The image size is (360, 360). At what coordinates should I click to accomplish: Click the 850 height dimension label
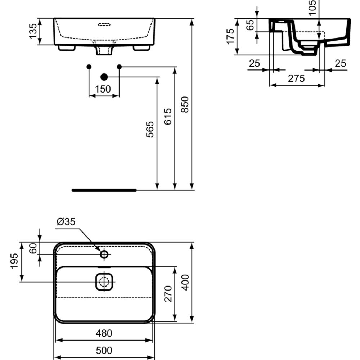[185, 104]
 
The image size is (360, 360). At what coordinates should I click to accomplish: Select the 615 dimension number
[168, 116]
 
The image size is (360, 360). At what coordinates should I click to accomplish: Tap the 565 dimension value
[150, 130]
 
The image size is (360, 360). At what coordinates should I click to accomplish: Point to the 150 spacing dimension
[103, 89]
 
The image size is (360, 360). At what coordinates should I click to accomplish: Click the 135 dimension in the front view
[33, 31]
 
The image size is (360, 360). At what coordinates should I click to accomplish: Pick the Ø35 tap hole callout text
[66, 221]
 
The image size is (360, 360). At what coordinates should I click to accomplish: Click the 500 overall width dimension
[104, 350]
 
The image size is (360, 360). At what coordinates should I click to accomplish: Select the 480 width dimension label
[104, 333]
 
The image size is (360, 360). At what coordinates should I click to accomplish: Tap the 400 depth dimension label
[185, 282]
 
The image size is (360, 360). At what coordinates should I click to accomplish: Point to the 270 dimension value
[168, 294]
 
